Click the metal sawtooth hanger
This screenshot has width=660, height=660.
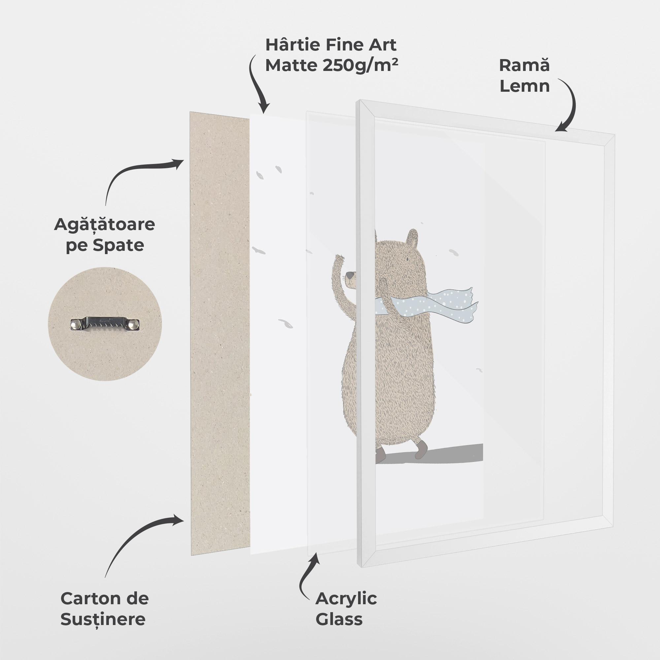pyautogui.click(x=105, y=324)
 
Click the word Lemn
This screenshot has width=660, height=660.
pyautogui.click(x=525, y=86)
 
